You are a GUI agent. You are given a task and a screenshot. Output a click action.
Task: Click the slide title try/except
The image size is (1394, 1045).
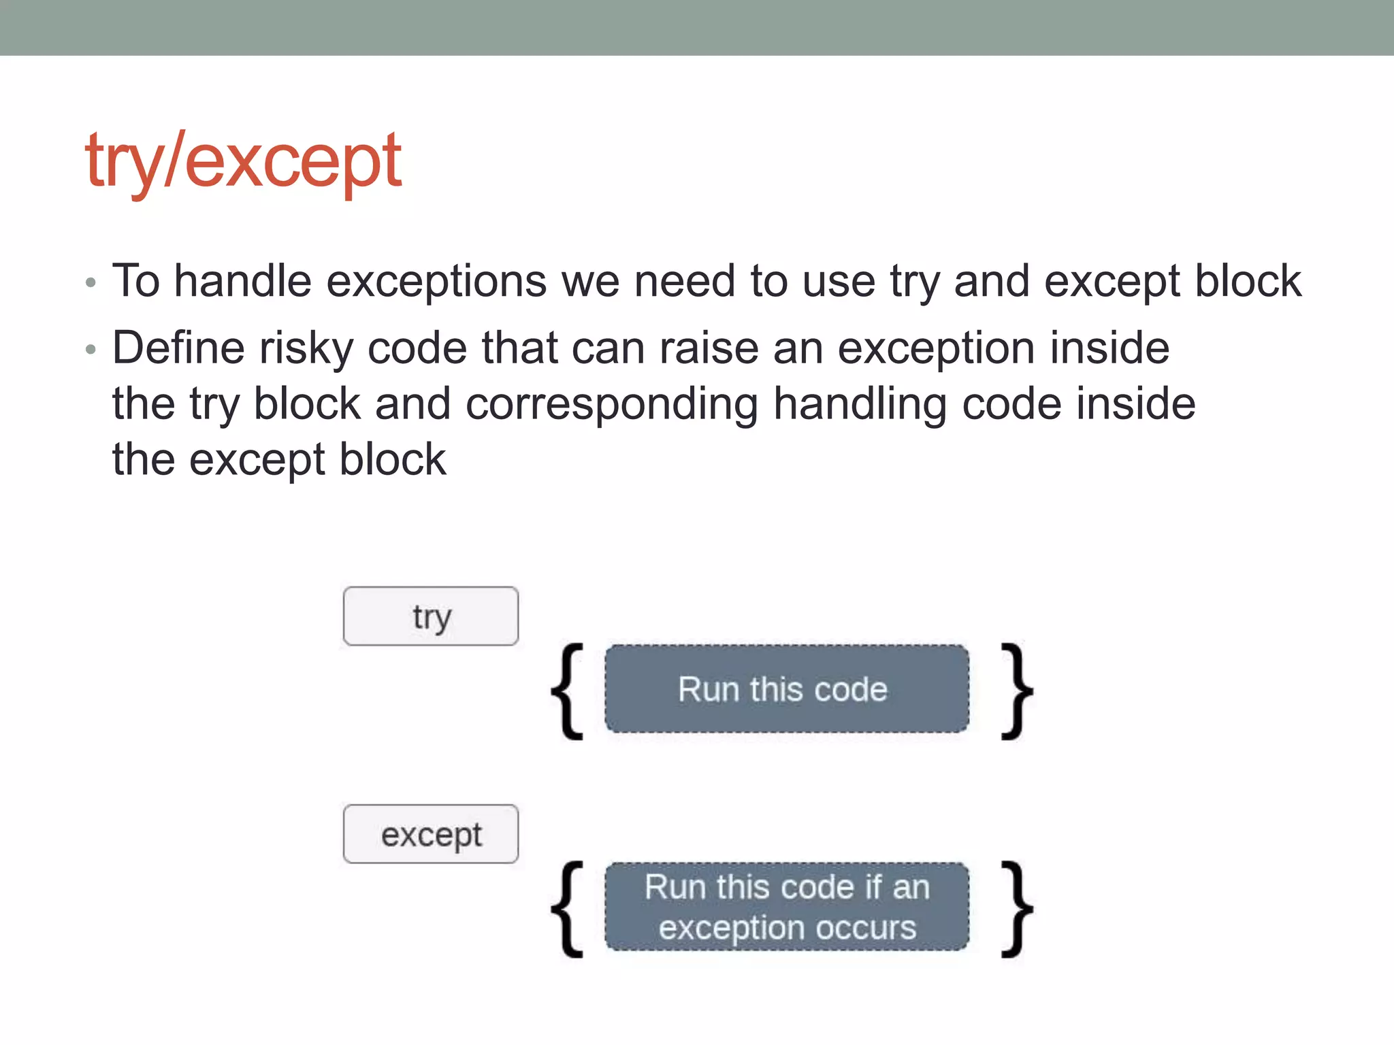tap(243, 161)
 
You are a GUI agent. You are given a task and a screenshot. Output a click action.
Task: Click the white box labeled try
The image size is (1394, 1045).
tap(431, 616)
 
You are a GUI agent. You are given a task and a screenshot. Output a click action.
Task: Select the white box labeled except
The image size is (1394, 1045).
tap(431, 834)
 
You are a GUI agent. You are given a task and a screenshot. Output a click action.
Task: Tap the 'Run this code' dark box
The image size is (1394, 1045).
tap(786, 689)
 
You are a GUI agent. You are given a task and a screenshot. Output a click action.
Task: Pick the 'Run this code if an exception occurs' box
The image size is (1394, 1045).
tap(786, 906)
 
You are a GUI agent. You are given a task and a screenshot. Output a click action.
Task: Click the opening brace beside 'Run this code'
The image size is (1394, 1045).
tap(567, 691)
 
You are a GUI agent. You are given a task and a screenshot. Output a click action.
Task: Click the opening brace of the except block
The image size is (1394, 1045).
tap(567, 909)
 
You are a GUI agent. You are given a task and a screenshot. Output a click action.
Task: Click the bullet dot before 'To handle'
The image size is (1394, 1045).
tap(91, 282)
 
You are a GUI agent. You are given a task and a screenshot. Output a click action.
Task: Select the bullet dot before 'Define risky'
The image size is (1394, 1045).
tap(91, 350)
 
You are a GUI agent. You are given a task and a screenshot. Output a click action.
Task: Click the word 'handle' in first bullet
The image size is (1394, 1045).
tap(243, 280)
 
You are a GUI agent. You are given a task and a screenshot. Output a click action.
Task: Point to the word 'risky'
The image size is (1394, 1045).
tap(306, 348)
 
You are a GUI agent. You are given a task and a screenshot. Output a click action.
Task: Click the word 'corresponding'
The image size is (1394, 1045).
tap(611, 404)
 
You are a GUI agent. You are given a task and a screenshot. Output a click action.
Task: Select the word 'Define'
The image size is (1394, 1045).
tap(178, 348)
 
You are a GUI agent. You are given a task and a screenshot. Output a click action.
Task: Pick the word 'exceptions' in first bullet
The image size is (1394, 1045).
tap(436, 282)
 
